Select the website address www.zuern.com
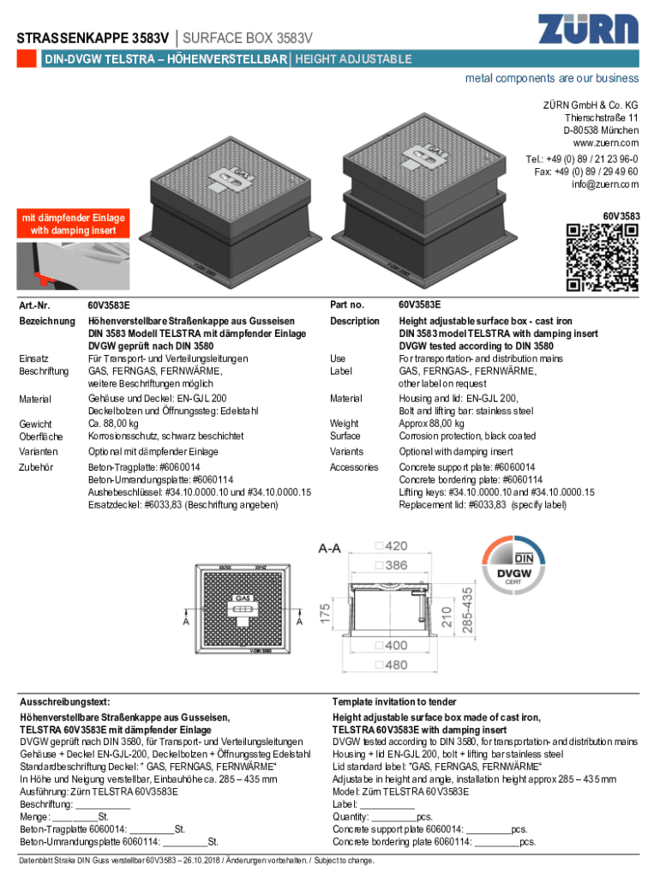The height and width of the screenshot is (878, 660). click(606, 142)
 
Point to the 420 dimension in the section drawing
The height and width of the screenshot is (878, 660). click(395, 546)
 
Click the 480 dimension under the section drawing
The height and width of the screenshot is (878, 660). click(395, 665)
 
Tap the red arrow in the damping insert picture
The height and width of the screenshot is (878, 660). click(37, 275)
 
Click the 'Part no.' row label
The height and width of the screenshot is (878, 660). click(347, 304)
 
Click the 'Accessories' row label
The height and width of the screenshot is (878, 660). click(354, 467)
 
